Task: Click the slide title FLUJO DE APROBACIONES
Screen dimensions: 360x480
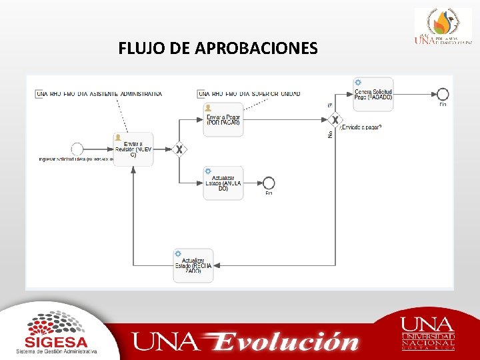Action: (x=218, y=49)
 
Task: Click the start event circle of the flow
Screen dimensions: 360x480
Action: (x=77, y=149)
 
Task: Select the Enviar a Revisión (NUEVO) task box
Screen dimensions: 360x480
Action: (x=133, y=149)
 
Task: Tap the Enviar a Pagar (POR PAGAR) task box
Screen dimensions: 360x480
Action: (x=223, y=119)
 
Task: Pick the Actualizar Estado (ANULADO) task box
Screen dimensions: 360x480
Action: (x=223, y=183)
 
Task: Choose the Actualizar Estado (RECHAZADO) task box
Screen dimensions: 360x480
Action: (x=193, y=265)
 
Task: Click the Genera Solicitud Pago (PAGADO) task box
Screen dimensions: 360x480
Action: (x=373, y=94)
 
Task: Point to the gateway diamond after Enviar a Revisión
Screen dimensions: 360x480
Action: (x=179, y=149)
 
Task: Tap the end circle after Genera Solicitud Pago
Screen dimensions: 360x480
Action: (x=443, y=94)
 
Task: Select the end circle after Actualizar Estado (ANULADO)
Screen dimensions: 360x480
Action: (x=269, y=183)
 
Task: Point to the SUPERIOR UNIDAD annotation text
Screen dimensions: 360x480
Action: (x=250, y=94)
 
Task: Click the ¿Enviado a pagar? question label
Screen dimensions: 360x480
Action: (x=361, y=127)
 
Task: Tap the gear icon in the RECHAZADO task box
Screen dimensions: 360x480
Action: (x=178, y=254)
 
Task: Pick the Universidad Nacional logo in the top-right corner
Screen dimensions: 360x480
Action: (x=443, y=27)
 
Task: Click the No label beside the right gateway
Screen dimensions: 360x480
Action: (x=329, y=134)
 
